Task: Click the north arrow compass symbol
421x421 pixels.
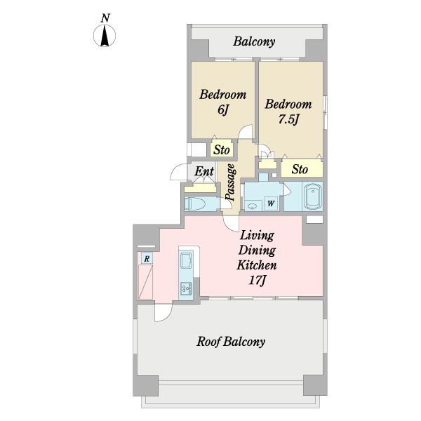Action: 105,36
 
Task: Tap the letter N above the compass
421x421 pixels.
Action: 105,18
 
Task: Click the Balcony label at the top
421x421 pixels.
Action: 254,41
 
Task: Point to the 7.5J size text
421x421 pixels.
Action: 288,120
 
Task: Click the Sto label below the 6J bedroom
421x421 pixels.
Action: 222,150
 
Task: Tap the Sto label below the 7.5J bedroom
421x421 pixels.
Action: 300,169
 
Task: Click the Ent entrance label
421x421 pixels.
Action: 204,171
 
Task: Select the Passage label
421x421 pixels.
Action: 231,182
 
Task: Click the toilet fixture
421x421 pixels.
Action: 196,203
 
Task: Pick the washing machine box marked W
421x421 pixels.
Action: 271,203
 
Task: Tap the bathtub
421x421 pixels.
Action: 312,196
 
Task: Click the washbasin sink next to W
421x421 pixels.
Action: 252,206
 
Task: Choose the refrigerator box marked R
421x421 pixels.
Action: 147,258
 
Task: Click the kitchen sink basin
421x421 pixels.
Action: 186,260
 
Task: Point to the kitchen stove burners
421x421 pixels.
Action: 186,288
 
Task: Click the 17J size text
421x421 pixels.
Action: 257,281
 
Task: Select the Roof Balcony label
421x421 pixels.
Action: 231,342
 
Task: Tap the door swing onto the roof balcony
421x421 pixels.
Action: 163,311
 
